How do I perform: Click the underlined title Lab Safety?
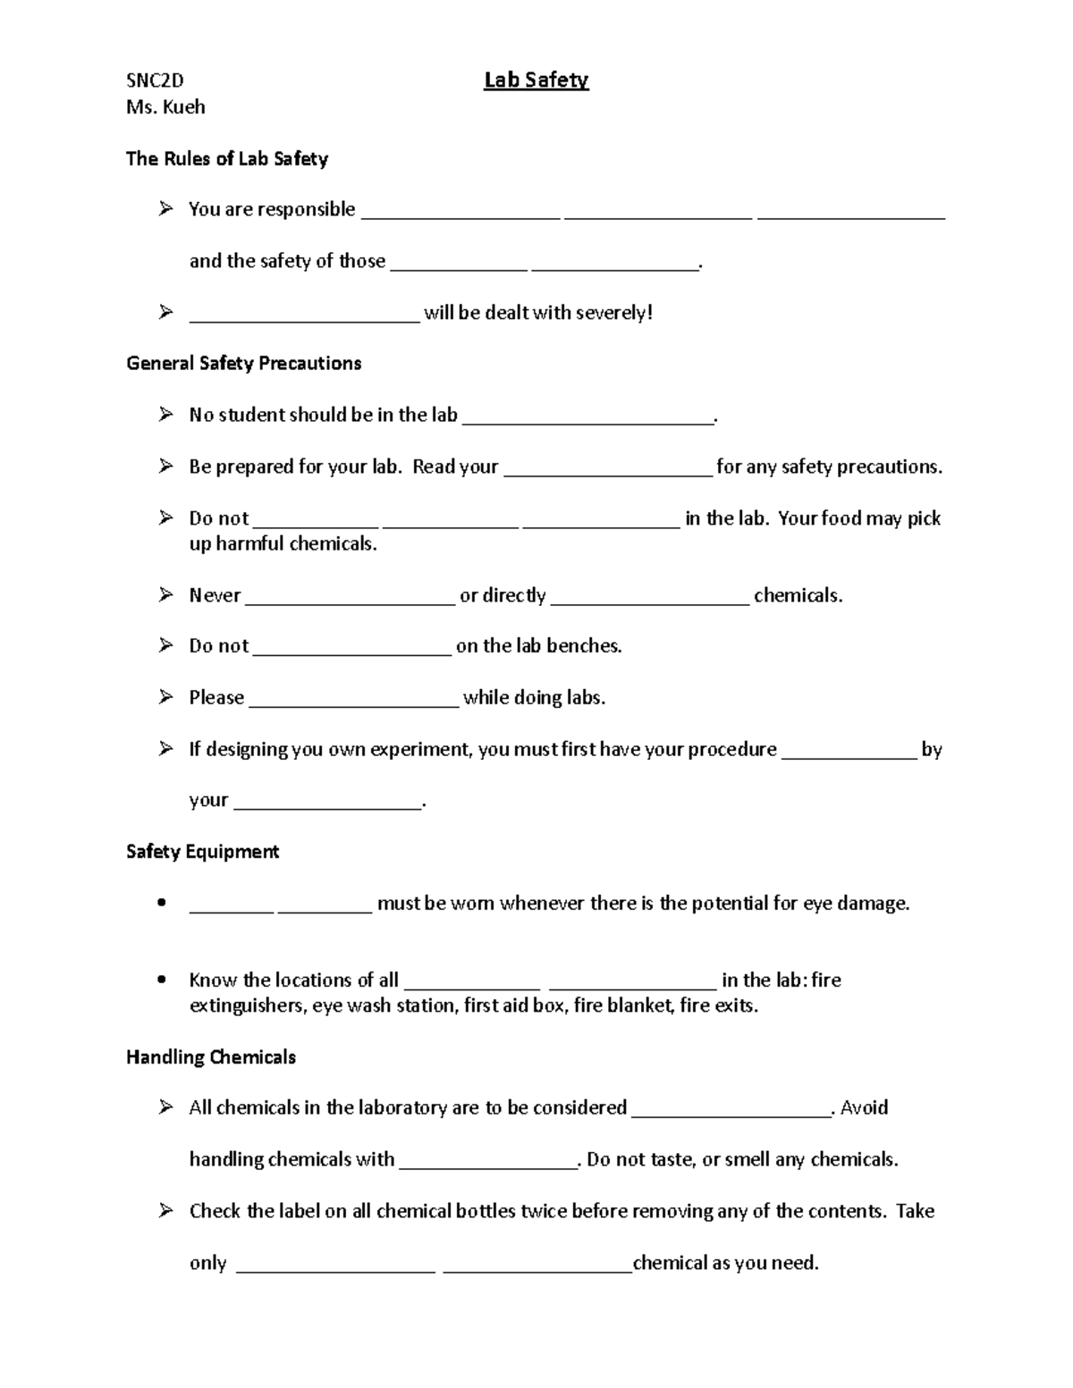536,80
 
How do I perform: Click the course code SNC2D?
155,81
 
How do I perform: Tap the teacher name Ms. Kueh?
165,107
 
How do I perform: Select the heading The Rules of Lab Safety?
227,159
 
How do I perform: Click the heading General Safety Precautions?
243,363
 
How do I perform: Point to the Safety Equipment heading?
202,852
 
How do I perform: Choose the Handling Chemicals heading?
211,1057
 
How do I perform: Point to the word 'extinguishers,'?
247,1006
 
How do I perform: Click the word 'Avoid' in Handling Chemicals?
864,1108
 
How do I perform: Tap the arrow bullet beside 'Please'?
165,697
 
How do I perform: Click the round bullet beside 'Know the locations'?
161,980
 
